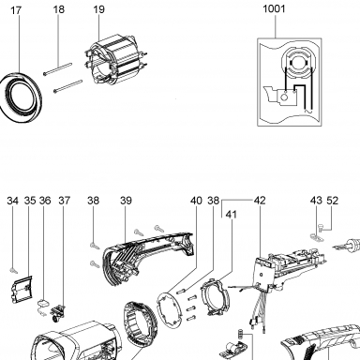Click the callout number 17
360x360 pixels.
pos(16,10)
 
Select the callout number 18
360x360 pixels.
pos(58,9)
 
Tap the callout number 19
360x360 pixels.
pos(98,9)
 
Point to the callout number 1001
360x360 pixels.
pos(274,8)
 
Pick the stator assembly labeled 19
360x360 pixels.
pos(114,62)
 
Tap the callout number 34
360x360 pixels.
pos(13,201)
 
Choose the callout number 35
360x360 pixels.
pos(30,201)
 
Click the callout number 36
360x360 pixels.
pos(45,201)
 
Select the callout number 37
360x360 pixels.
pos(65,201)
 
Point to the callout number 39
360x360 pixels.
pos(126,201)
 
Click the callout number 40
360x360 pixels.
pos(196,201)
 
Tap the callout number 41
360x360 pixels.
pos(232,215)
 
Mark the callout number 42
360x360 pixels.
pos(260,201)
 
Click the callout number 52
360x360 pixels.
pos(333,201)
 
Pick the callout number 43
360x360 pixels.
pos(316,201)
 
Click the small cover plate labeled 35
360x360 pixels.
pos(22,290)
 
